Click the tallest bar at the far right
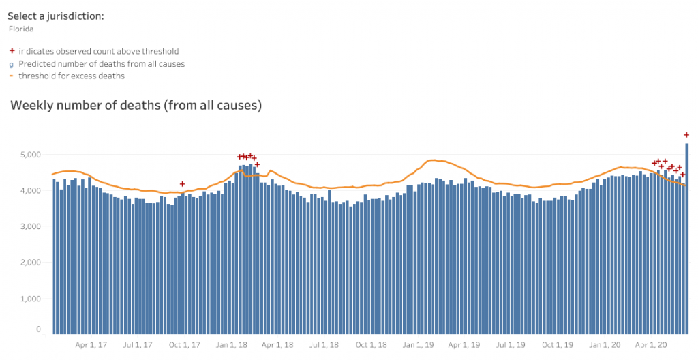click(x=686, y=239)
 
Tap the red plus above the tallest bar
click(x=686, y=135)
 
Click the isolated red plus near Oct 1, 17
click(x=182, y=184)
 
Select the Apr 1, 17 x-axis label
click(x=93, y=345)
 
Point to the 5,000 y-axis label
click(x=31, y=155)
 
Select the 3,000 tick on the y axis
click(x=31, y=226)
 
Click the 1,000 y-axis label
click(x=31, y=299)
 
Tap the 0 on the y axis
click(x=38, y=329)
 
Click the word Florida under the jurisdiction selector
click(x=21, y=29)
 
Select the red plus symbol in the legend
click(x=11, y=51)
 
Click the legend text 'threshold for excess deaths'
click(x=72, y=76)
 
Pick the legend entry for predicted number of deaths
click(x=102, y=63)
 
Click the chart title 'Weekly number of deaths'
click(x=136, y=106)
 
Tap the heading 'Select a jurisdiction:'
click(x=55, y=16)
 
